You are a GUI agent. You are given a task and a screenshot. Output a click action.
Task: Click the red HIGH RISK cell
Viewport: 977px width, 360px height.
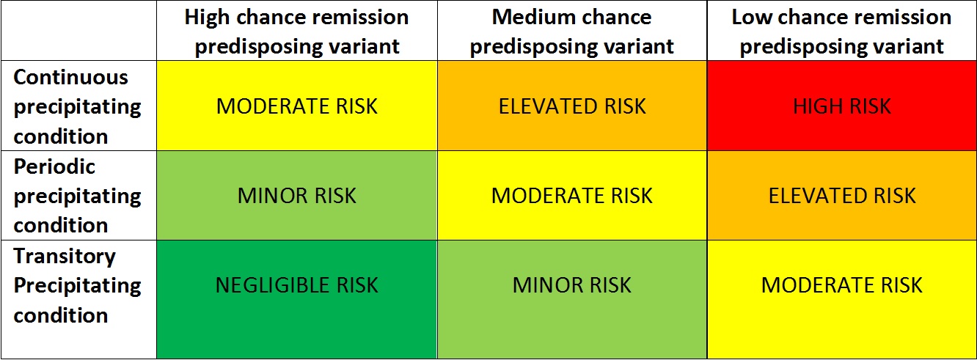click(842, 106)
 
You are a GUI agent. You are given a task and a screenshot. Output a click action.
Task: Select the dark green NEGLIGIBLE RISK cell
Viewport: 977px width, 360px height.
click(296, 285)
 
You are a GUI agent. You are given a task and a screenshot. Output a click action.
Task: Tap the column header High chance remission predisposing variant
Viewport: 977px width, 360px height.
click(296, 32)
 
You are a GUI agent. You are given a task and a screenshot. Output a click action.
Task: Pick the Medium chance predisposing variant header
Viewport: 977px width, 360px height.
click(572, 32)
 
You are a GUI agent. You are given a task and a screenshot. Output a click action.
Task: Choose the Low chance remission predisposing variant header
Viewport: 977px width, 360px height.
click(842, 32)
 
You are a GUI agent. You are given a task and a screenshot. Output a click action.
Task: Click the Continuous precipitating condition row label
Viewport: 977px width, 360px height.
click(77, 106)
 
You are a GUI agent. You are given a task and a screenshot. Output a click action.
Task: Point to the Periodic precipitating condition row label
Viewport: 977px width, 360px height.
click(77, 196)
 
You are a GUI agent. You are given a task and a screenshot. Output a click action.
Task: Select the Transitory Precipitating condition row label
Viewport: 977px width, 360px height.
click(77, 285)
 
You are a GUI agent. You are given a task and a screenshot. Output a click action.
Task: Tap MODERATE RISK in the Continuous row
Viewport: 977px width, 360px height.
click(296, 106)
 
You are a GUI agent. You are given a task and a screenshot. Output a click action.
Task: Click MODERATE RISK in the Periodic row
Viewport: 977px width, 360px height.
click(572, 196)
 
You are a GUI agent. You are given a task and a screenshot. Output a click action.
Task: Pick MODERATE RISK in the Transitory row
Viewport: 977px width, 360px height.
click(842, 285)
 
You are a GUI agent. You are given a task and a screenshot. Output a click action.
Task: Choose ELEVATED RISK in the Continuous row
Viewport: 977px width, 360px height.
click(572, 106)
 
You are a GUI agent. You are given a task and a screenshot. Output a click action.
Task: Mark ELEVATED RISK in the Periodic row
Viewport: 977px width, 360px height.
click(842, 196)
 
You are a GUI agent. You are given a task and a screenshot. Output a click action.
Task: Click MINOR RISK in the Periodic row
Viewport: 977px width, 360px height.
click(296, 196)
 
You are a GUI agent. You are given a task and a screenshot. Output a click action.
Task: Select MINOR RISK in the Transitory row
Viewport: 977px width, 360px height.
click(572, 285)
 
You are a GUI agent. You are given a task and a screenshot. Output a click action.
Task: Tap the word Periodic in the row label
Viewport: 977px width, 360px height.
click(54, 166)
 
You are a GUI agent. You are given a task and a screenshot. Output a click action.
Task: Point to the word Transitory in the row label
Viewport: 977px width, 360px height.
click(65, 256)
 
